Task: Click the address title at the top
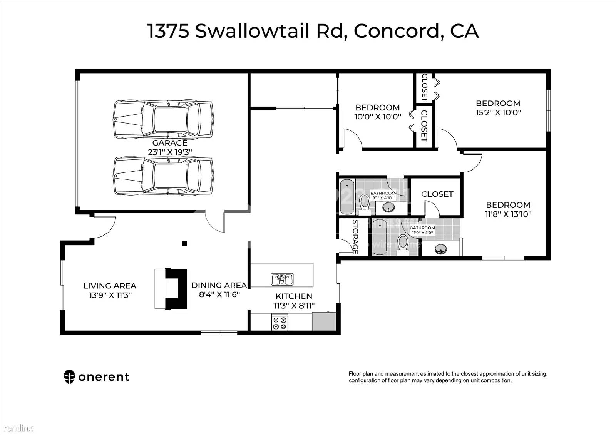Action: [x=313, y=31]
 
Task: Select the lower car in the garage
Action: [x=163, y=176]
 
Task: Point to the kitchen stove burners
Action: [x=280, y=323]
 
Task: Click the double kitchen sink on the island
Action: [x=282, y=279]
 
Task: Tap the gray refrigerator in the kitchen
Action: [x=324, y=322]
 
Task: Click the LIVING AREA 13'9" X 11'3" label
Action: [x=110, y=291]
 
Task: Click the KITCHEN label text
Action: [x=294, y=296]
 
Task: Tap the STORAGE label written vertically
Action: [x=355, y=237]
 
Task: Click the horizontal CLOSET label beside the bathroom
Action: [x=437, y=194]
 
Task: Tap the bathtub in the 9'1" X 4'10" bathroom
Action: [x=348, y=196]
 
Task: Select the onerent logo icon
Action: [x=69, y=377]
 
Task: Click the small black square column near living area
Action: [x=185, y=243]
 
